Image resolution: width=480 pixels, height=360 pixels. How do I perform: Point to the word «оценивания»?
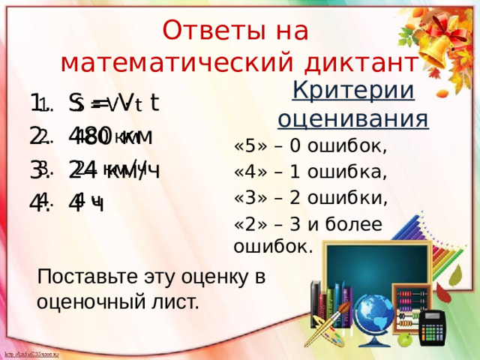tap(353, 118)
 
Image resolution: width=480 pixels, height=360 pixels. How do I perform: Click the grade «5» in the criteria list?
tap(247, 145)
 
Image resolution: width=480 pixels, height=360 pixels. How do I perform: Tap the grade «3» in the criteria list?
tap(247, 199)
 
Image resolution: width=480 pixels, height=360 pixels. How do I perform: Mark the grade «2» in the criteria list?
tap(247, 224)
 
